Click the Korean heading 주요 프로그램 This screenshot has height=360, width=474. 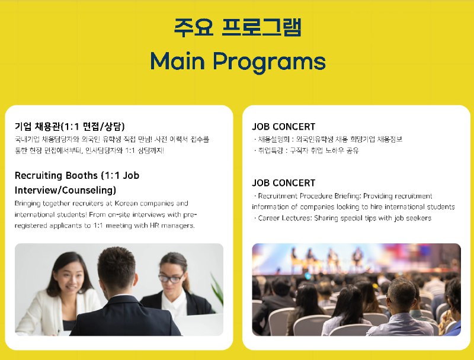(x=238, y=27)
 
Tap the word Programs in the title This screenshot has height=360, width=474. (x=270, y=62)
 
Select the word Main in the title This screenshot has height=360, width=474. (x=178, y=61)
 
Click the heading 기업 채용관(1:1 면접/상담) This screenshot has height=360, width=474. (x=69, y=126)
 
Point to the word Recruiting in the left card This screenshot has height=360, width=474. (x=37, y=175)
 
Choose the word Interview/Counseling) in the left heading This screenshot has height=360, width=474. (x=65, y=190)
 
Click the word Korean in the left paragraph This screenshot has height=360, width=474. (x=126, y=203)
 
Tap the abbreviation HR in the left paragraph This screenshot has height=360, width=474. (x=154, y=226)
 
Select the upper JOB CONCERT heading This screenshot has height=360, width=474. (x=284, y=127)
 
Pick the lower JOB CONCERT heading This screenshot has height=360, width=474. (x=284, y=183)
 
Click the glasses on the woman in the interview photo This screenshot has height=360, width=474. (x=171, y=278)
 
